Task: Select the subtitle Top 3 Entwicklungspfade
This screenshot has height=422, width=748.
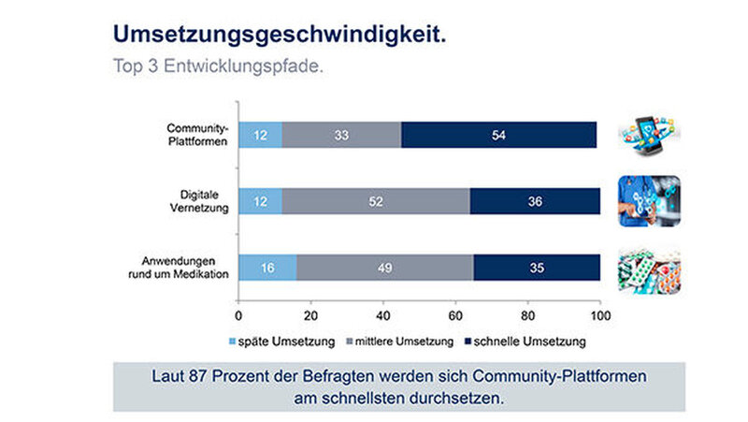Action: (219, 67)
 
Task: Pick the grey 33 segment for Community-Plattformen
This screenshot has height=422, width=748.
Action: (342, 135)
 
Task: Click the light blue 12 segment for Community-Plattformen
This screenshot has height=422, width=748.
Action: (260, 135)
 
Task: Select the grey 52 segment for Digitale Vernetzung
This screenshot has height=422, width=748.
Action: (376, 201)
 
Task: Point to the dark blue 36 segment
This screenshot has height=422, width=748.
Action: (535, 201)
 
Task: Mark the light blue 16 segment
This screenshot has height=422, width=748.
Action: (267, 267)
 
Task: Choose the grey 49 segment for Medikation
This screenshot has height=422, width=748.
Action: (384, 267)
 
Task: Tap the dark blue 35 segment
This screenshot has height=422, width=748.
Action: (537, 267)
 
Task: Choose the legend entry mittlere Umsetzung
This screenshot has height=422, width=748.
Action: (403, 339)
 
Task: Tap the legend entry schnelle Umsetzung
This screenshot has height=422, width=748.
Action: (530, 339)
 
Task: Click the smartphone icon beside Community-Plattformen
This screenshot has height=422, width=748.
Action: (648, 135)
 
